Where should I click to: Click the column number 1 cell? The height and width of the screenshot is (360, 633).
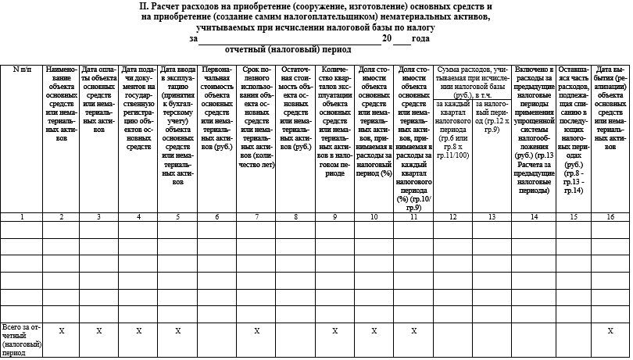21,216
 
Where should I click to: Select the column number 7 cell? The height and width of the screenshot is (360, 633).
256,216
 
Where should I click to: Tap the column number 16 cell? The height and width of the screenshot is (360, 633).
610,216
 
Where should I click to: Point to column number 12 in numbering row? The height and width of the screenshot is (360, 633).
452,216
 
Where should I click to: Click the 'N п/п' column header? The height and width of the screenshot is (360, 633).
21,70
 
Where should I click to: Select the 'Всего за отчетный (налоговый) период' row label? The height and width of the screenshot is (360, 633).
21,339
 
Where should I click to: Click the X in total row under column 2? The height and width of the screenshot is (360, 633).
61,331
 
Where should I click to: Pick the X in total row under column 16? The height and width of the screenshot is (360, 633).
610,331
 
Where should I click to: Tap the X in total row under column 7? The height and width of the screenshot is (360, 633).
256,331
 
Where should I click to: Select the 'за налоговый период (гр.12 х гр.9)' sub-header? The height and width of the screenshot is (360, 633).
492,114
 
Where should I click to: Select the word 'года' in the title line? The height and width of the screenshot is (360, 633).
420,38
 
